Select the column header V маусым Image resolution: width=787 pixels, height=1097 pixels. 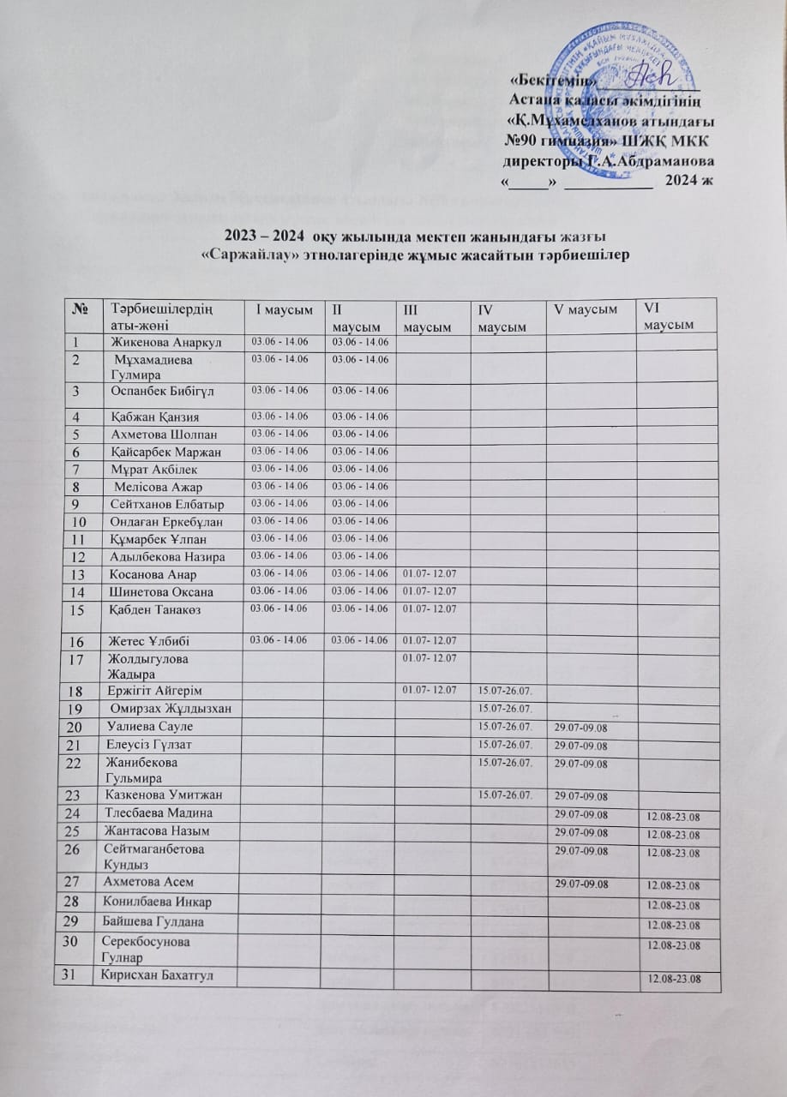(587, 309)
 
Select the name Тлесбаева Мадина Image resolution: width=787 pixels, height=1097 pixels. (158, 812)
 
